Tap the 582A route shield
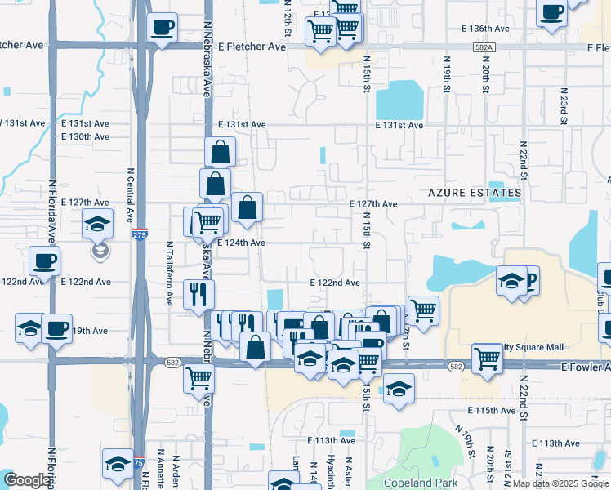pyautogui.click(x=483, y=47)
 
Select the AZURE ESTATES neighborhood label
pyautogui.click(x=475, y=193)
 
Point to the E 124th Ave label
pyautogui.click(x=241, y=243)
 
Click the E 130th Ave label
pyautogui.click(x=85, y=136)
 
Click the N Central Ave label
pyautogui.click(x=130, y=195)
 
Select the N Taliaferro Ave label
pyautogui.click(x=169, y=273)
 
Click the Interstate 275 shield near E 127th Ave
pyautogui.click(x=140, y=234)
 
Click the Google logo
pyautogui.click(x=27, y=480)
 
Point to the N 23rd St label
pyautogui.click(x=564, y=106)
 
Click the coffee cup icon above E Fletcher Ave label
pyautogui.click(x=162, y=27)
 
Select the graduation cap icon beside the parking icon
pyautogui.click(x=511, y=282)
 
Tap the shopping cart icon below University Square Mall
pyautogui.click(x=487, y=357)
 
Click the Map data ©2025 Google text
pyautogui.click(x=560, y=483)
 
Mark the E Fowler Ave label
pyautogui.click(x=585, y=368)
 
